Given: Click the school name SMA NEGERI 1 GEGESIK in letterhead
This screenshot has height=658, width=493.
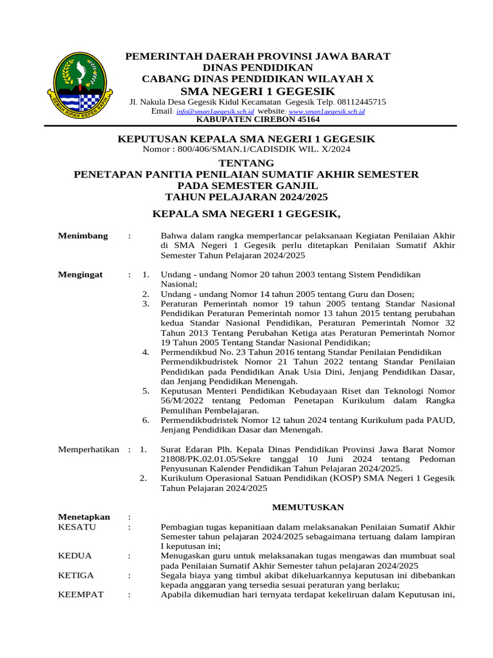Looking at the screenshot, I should (257, 91).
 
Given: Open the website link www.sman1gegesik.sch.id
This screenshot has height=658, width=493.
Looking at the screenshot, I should (328, 111).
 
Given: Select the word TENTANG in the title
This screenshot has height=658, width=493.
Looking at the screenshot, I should (246, 163).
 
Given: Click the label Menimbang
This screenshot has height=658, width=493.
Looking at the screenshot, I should (83, 236).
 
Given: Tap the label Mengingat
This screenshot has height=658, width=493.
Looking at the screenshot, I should (80, 274).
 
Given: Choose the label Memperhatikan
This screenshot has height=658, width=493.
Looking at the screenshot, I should (89, 449).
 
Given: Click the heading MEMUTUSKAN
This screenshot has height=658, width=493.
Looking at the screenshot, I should (307, 507).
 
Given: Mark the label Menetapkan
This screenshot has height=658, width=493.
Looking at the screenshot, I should (84, 517).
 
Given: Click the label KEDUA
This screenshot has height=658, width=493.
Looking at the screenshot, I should (75, 555).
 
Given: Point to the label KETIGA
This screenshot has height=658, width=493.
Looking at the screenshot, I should (76, 575).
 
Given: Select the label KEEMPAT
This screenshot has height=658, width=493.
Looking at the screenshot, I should (81, 594).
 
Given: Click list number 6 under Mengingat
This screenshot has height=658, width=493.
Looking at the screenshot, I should (146, 420).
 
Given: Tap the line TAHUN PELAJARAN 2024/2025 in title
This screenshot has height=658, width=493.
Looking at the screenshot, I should (246, 197).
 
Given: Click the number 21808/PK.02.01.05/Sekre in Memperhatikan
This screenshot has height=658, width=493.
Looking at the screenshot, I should (207, 459).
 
